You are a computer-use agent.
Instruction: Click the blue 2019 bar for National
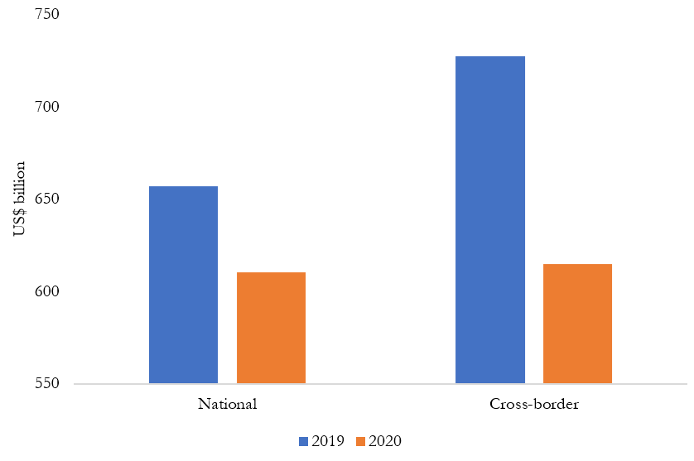pos(183,286)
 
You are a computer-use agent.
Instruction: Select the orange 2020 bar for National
pos(271,328)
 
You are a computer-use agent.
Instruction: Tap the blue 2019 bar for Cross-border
pos(490,220)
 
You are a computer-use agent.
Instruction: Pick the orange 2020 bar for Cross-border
pos(577,324)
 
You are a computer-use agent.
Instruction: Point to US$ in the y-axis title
pos(20,223)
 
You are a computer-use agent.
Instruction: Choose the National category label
pos(227,405)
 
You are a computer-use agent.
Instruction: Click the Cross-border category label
pos(534,405)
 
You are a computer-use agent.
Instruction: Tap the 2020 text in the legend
pos(384,441)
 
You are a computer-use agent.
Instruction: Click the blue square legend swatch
pos(303,441)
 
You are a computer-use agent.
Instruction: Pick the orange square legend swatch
pos(360,441)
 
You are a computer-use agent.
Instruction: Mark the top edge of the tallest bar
pos(490,56)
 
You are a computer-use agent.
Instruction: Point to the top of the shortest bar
pos(271,272)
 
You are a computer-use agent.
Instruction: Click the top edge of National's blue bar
pos(183,187)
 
